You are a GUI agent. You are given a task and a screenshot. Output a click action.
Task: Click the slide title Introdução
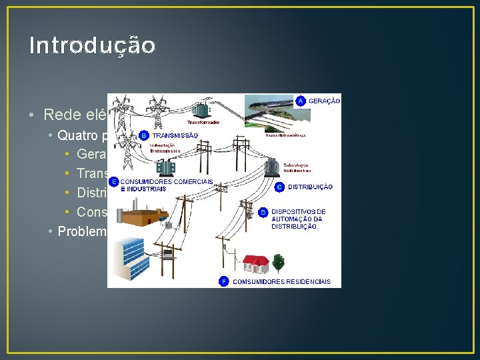click(x=93, y=45)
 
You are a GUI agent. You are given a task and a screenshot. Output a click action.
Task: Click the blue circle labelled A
click(x=301, y=101)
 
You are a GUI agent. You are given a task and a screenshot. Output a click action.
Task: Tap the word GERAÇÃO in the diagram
click(x=324, y=101)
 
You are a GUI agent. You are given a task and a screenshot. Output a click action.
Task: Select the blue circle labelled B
click(x=144, y=135)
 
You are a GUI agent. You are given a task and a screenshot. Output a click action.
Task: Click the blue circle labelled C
click(x=280, y=187)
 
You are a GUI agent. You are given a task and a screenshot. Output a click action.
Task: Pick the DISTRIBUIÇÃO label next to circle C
click(x=311, y=188)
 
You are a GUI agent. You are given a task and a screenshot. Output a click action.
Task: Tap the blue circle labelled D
click(x=264, y=212)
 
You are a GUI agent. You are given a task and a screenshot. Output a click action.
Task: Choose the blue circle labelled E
click(x=114, y=181)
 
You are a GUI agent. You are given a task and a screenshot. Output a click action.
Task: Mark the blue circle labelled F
click(x=224, y=281)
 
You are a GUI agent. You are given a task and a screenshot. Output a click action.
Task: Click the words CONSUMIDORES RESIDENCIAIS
click(x=281, y=282)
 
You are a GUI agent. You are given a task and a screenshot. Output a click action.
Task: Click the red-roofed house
click(x=257, y=264)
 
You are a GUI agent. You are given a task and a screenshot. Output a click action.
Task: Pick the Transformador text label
click(x=202, y=123)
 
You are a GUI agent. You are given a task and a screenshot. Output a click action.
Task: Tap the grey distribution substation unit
click(x=272, y=167)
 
